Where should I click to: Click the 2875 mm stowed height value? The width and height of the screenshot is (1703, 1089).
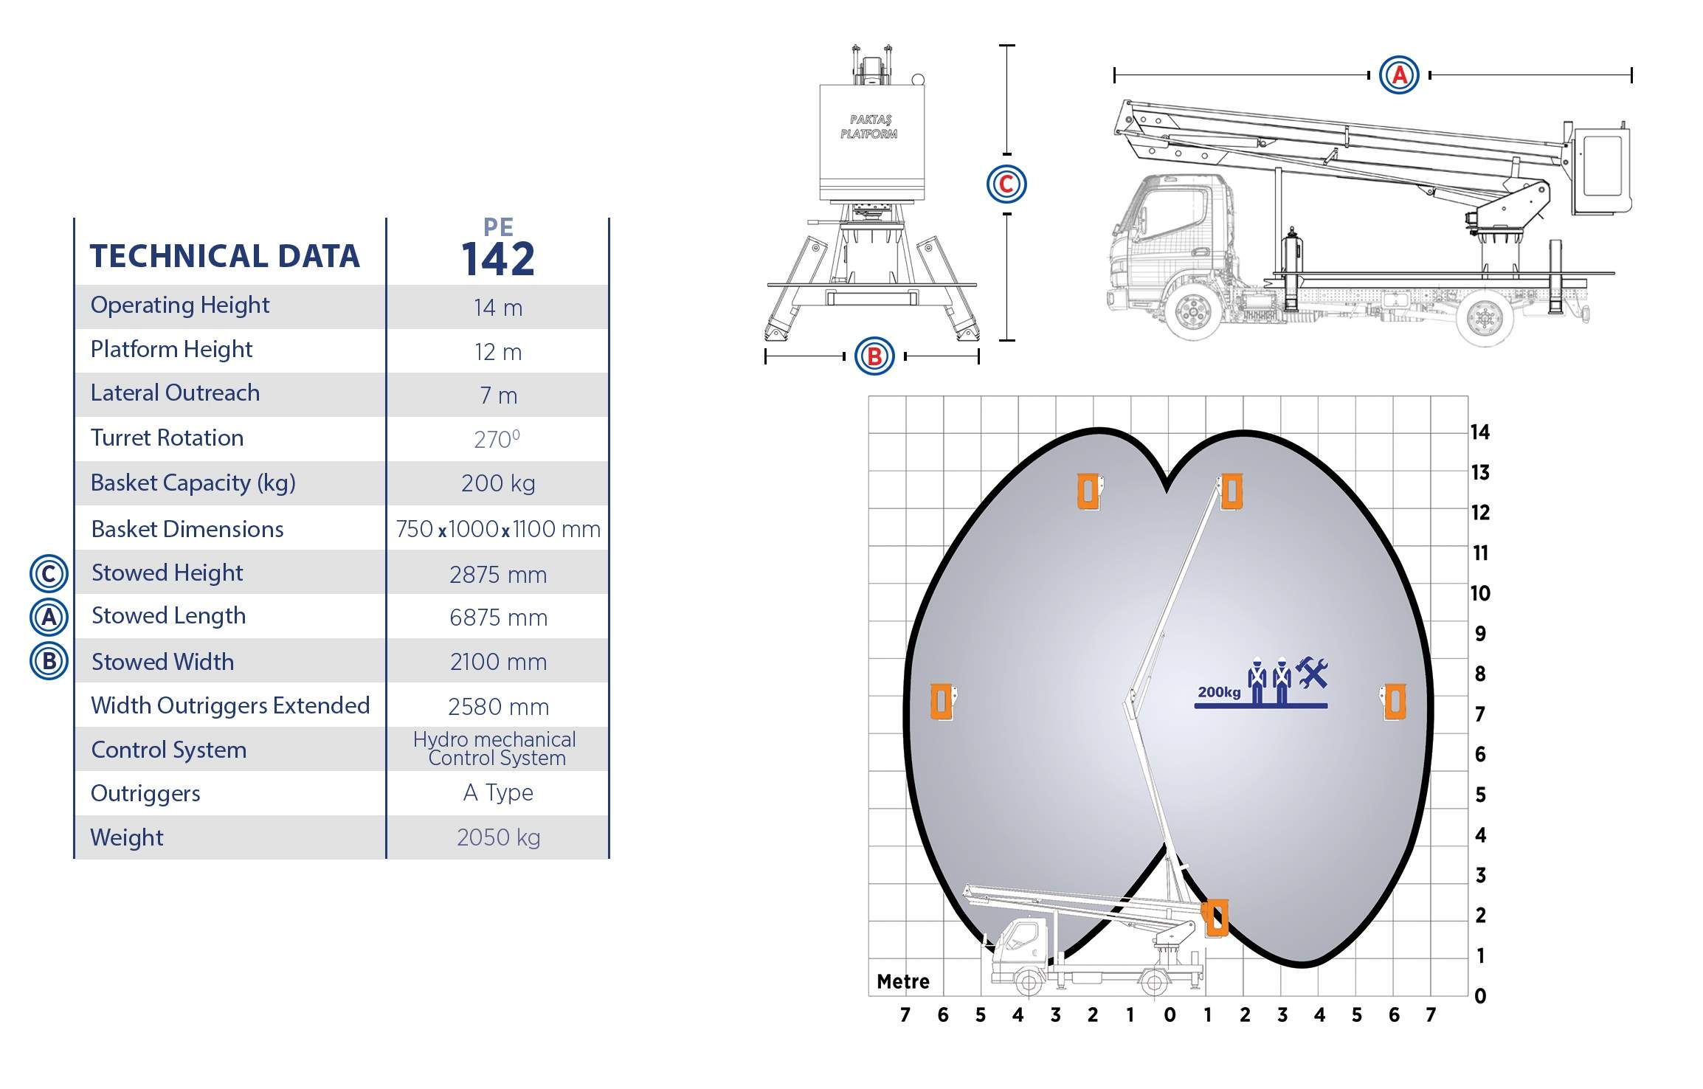click(x=498, y=575)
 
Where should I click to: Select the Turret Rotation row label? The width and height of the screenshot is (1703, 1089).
click(x=167, y=438)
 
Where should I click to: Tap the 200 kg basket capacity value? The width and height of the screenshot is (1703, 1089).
click(x=498, y=483)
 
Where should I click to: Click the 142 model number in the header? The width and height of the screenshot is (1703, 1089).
click(x=498, y=259)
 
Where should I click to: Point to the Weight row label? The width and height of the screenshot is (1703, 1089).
click(x=127, y=837)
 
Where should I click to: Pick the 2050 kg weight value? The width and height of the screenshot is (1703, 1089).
click(x=498, y=837)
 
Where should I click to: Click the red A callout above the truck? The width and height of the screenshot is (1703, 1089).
click(x=1399, y=75)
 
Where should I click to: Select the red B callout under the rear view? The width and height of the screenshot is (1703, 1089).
click(x=874, y=356)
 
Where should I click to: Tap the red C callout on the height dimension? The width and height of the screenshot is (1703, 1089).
click(x=1006, y=184)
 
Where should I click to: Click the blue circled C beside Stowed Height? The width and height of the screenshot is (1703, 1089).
click(x=49, y=574)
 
